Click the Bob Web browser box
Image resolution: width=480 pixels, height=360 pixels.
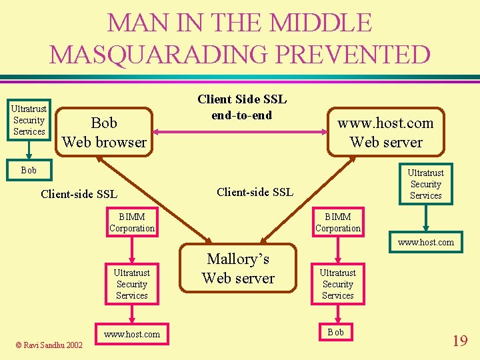pyautogui.click(x=104, y=132)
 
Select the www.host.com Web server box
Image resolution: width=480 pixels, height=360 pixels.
pyautogui.click(x=386, y=132)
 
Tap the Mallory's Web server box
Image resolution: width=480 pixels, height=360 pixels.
pyautogui.click(x=238, y=268)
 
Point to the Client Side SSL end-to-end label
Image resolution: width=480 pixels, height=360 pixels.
pyautogui.click(x=241, y=107)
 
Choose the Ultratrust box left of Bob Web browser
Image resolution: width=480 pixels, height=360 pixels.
pyautogui.click(x=29, y=120)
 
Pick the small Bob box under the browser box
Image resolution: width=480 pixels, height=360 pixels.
pyautogui.click(x=29, y=170)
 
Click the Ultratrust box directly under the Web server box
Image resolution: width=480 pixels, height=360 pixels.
pyautogui.click(x=425, y=184)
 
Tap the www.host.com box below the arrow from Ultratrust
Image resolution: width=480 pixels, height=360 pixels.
pyautogui.click(x=425, y=242)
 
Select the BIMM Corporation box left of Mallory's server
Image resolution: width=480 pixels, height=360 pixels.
pyautogui.click(x=132, y=223)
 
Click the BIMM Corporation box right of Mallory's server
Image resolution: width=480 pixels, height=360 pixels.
pyautogui.click(x=338, y=223)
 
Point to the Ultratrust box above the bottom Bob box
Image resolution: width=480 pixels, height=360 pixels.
pyautogui.click(x=338, y=284)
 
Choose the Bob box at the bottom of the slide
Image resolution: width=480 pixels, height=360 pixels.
pyautogui.click(x=337, y=332)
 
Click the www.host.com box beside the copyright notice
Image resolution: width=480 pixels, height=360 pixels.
pyautogui.click(x=132, y=334)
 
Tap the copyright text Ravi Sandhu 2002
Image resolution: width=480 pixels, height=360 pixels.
pyautogui.click(x=51, y=345)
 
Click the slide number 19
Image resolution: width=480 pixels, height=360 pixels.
pyautogui.click(x=460, y=341)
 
